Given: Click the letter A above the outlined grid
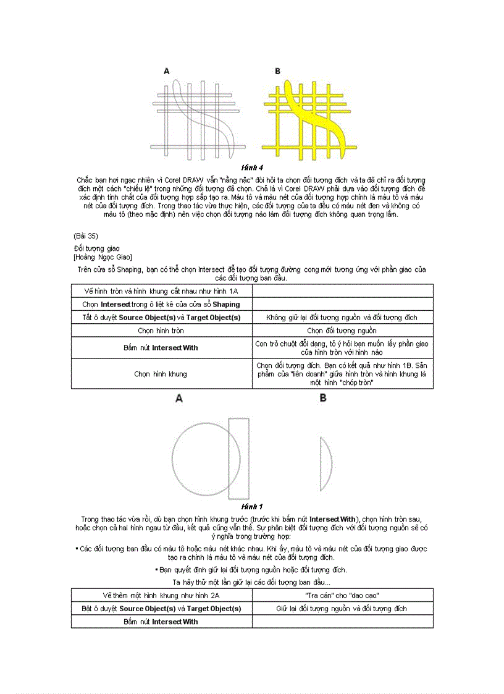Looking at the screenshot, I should [x=167, y=72].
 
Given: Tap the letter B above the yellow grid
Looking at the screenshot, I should [x=277, y=72].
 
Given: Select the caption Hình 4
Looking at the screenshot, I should [x=253, y=167].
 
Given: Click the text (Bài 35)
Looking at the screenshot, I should [x=85, y=235].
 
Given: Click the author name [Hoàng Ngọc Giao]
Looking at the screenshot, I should [x=103, y=256].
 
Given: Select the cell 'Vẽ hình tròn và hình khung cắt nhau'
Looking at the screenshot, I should [x=161, y=291].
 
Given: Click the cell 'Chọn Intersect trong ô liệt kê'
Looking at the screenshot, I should [x=161, y=304].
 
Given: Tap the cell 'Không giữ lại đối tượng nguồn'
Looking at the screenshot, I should [x=342, y=318].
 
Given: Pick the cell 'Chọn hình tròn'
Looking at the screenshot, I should [x=161, y=331].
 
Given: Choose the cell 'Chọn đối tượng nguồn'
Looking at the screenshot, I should [x=342, y=331].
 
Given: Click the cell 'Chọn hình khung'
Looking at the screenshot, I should [x=161, y=374].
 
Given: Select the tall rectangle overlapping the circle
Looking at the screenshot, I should [x=239, y=459].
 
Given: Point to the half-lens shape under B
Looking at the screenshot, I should [x=325, y=463].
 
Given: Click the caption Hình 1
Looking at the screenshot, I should [x=253, y=507].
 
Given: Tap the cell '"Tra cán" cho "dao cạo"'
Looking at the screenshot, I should [x=342, y=595].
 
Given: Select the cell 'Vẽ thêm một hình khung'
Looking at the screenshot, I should [x=161, y=595].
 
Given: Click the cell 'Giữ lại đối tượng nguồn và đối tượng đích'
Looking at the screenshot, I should [x=342, y=609].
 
